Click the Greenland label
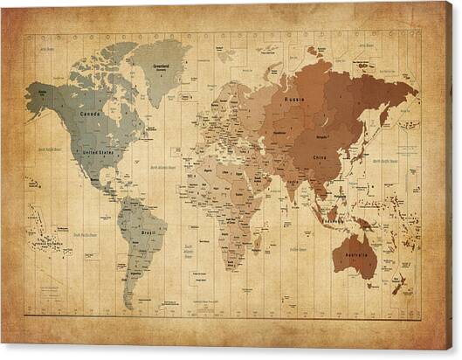(160, 66)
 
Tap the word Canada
(89, 114)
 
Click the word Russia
(295, 101)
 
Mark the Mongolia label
(322, 137)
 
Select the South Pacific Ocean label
(85, 234)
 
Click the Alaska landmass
(39, 98)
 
